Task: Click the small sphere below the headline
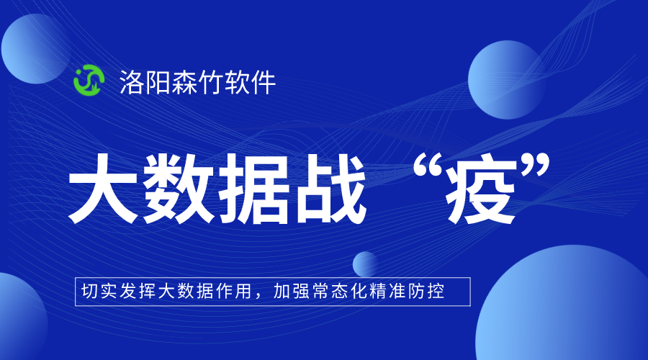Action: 366,264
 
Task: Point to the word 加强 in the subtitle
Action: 289,292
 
